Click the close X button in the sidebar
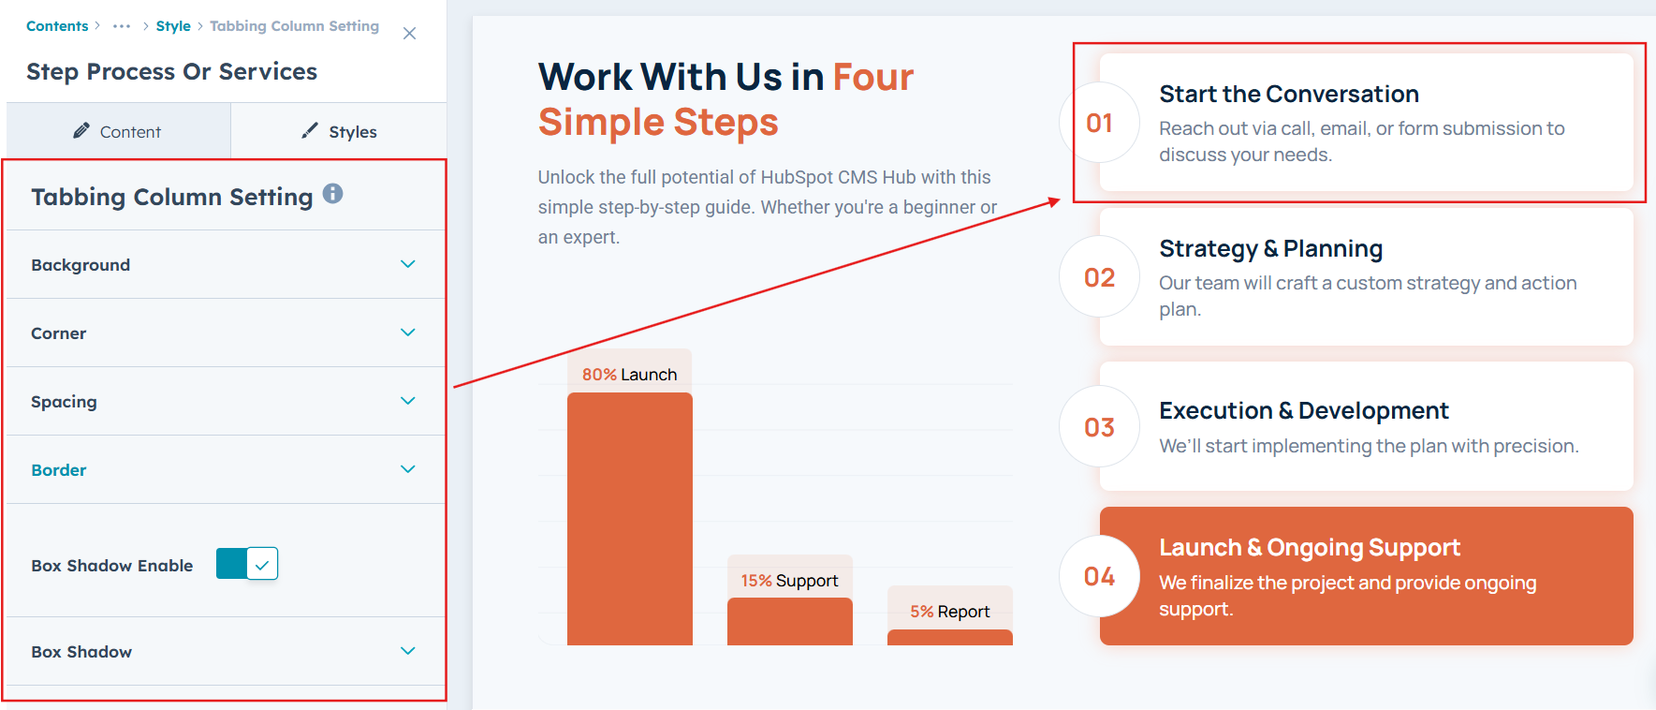409,34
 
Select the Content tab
118,131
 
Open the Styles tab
339,131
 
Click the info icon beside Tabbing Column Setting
332,194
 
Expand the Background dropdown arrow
408,264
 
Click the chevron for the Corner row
408,333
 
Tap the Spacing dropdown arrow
408,401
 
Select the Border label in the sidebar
59,470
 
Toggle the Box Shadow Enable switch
247,564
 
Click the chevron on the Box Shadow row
408,651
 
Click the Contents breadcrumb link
57,26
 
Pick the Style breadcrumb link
173,26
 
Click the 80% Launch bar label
629,375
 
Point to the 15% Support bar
790,621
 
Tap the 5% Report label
950,612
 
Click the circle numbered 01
1100,123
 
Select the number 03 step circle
1100,427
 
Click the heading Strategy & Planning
1270,249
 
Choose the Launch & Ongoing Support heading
1310,548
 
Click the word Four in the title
873,77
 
